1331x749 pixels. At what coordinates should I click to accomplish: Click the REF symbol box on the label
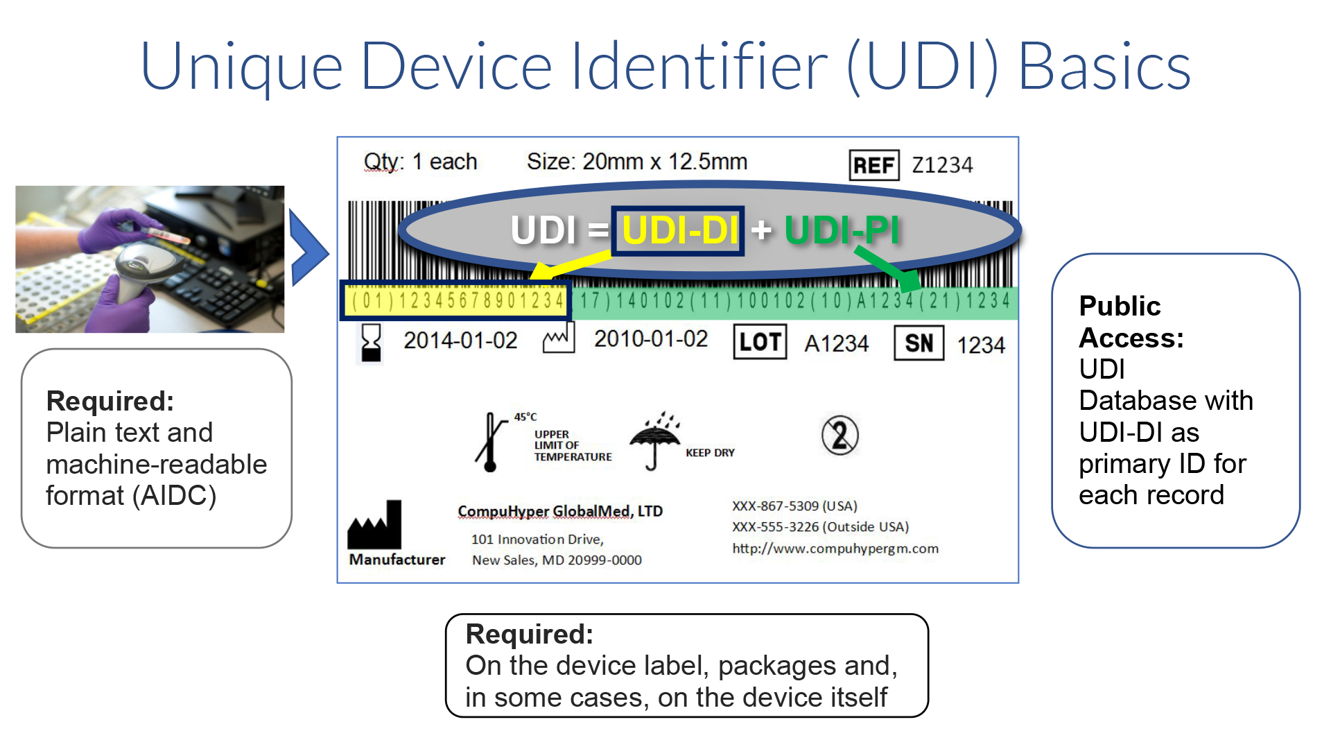point(874,165)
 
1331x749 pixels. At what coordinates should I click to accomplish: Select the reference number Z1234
point(942,165)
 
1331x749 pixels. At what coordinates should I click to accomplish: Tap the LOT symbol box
point(760,342)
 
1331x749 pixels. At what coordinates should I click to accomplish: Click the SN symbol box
point(919,343)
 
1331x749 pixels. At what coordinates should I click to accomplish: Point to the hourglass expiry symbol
point(372,342)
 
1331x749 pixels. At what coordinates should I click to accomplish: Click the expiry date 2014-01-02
point(460,341)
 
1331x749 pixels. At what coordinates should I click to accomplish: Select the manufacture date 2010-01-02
point(651,339)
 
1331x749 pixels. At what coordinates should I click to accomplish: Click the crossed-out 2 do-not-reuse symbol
point(840,436)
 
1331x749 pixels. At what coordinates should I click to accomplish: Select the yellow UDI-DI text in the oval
point(679,230)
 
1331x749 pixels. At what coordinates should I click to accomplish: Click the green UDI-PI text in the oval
point(842,230)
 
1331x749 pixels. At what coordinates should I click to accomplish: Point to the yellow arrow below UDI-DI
point(570,266)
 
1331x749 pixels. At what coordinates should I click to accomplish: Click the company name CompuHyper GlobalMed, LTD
point(560,511)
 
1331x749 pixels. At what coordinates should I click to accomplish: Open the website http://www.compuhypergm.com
point(835,549)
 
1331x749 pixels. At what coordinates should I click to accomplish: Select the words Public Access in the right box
point(1131,322)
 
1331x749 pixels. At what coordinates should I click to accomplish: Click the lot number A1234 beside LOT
point(837,343)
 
